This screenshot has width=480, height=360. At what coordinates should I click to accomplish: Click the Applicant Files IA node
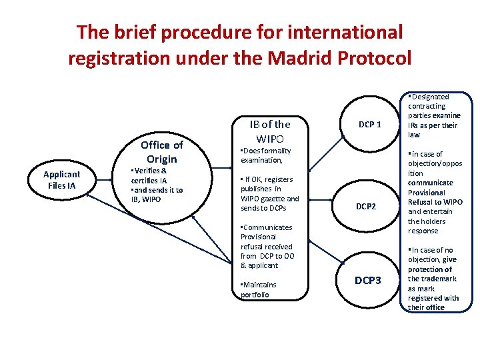click(61, 180)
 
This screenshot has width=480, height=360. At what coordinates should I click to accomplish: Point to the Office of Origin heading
click(162, 152)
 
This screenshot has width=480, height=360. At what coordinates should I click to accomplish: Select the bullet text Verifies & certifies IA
click(150, 175)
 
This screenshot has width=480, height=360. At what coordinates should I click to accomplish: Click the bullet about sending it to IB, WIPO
click(157, 195)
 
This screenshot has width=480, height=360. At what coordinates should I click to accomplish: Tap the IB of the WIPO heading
click(270, 131)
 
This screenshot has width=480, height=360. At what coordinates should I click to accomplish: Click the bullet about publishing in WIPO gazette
click(270, 193)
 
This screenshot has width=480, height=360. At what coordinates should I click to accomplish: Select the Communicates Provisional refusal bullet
click(269, 246)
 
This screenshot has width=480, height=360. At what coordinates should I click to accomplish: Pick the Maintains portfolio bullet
click(259, 289)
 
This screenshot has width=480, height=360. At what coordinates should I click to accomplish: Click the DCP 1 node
click(370, 124)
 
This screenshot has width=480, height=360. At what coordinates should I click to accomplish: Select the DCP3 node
click(367, 281)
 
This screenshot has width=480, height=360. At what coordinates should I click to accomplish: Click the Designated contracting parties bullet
click(433, 115)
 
